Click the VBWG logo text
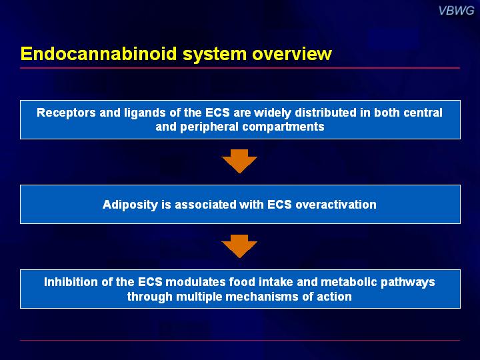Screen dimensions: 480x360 tap(456, 11)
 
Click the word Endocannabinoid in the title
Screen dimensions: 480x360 tap(99, 53)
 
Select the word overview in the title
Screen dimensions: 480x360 tap(292, 53)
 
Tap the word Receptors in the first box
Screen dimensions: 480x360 tap(66, 113)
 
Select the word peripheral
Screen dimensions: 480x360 tap(209, 127)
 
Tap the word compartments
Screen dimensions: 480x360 tap(283, 127)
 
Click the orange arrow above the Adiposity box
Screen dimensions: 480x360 tap(239, 161)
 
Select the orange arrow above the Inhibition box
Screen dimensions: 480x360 tap(239, 246)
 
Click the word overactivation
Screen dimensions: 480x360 tap(336, 205)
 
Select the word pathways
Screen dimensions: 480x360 tap(408, 283)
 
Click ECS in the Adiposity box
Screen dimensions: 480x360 tap(279, 205)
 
